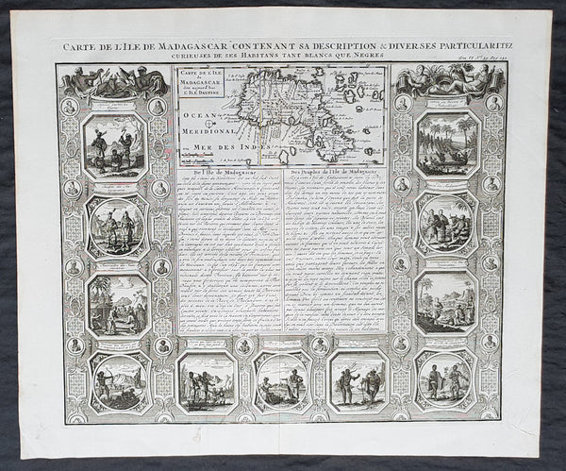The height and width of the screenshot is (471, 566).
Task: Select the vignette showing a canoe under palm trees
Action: (443, 145)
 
